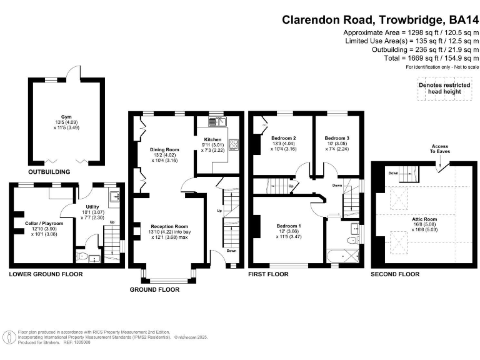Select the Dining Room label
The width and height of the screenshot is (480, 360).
(164, 150)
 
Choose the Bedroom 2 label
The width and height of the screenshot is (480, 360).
(283, 137)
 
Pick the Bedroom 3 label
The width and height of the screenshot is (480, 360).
(337, 137)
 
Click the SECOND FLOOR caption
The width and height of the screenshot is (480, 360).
(394, 274)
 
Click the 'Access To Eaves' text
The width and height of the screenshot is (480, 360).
(439, 149)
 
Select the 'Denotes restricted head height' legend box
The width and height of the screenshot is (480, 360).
(443, 89)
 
